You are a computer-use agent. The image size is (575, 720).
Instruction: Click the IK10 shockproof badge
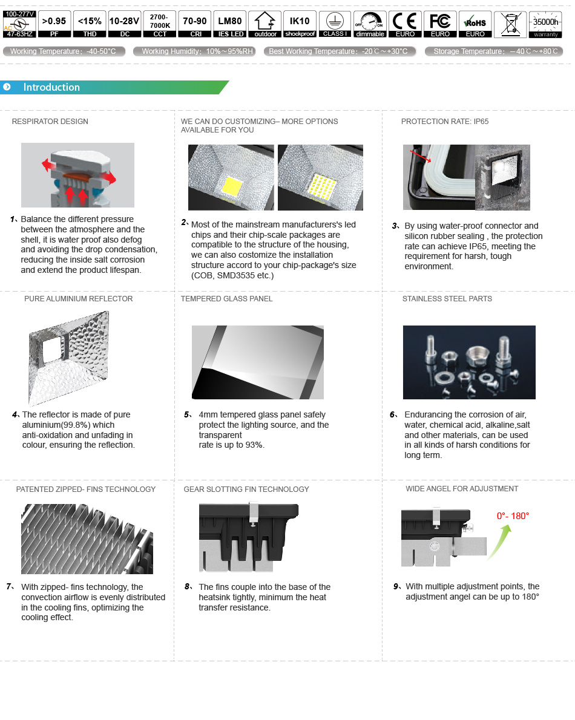[x=300, y=24]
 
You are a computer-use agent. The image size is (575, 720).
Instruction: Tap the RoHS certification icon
[x=475, y=24]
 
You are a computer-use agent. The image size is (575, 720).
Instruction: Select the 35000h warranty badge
[x=545, y=24]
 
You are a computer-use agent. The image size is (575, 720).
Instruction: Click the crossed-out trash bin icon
[x=510, y=24]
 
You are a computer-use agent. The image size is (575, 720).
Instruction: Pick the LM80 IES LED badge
[x=230, y=24]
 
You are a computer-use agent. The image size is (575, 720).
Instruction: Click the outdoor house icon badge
[x=265, y=24]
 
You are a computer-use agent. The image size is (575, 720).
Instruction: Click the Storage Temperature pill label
[x=494, y=51]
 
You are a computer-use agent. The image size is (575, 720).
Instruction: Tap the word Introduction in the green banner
[x=51, y=87]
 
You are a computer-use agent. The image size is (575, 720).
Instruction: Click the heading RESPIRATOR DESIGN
[x=50, y=122]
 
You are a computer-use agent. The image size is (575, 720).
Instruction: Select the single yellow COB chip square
[x=232, y=186]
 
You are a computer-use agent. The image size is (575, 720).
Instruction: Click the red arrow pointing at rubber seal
[x=421, y=156]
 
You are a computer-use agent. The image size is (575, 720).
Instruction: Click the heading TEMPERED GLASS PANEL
[x=227, y=299]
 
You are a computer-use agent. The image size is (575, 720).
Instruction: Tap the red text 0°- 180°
[x=513, y=516]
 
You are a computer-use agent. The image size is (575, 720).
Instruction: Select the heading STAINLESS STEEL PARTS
[x=447, y=299]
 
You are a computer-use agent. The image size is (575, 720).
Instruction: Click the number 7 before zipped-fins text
[x=9, y=586]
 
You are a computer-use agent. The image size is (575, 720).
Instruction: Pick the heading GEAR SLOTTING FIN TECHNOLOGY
[x=246, y=489]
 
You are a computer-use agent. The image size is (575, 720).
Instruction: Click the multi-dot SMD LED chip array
[x=323, y=186]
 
